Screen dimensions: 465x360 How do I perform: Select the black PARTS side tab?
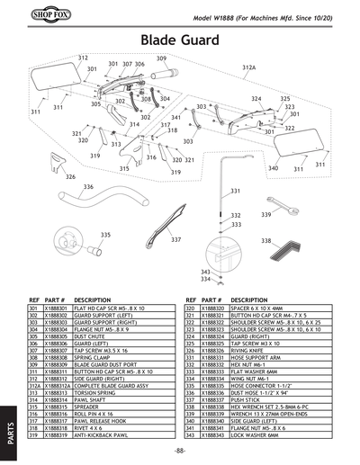[9, 431]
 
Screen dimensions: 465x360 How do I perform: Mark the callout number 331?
[235, 191]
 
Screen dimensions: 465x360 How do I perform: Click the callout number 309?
[161, 58]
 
